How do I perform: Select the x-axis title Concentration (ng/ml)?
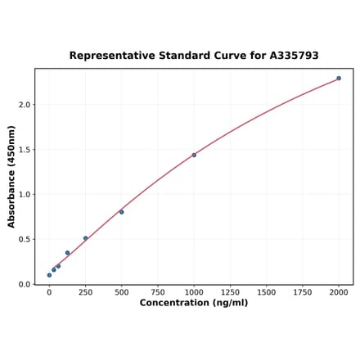click(x=193, y=303)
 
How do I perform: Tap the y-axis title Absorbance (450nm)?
click(x=11, y=177)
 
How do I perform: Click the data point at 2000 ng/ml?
click(x=339, y=79)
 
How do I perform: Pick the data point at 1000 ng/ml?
click(x=194, y=155)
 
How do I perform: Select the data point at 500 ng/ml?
click(x=121, y=212)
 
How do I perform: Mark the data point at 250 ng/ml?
click(x=85, y=238)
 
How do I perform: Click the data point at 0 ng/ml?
click(x=49, y=275)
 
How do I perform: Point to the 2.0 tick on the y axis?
click(x=24, y=105)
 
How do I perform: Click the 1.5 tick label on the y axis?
click(x=24, y=150)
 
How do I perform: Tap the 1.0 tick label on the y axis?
click(x=24, y=195)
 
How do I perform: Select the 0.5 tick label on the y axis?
click(x=24, y=240)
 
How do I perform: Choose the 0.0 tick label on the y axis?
click(x=24, y=285)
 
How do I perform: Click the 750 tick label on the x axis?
click(x=157, y=292)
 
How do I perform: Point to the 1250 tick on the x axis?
click(x=230, y=292)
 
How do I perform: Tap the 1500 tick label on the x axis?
click(x=266, y=292)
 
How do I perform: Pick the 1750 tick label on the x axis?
click(x=302, y=292)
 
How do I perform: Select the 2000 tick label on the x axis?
click(x=339, y=292)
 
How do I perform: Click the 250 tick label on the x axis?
click(x=85, y=292)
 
